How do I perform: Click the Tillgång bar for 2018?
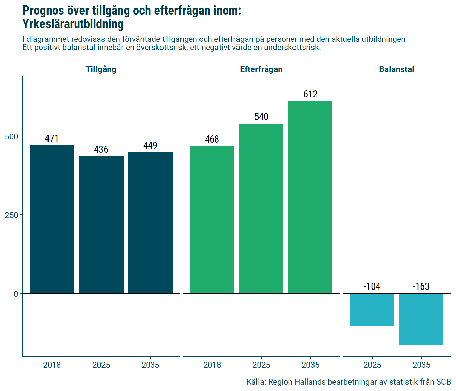pos(52,219)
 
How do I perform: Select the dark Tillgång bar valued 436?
pos(101,225)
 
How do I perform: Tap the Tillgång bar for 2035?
pos(150,223)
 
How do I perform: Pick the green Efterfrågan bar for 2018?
pos(212,220)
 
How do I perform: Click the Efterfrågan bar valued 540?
pos(261,208)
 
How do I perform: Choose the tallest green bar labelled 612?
pos(310,197)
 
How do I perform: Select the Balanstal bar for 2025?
pos(372,310)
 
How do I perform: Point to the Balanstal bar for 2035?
pos(421,319)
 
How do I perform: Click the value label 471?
pos(52,138)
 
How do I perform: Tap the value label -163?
pos(421,286)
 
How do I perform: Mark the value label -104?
pos(372,286)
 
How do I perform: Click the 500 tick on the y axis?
pos(12,136)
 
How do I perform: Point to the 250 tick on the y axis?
pos(12,215)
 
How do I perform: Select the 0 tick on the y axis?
pos(16,294)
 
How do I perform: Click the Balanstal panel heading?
pos(396,69)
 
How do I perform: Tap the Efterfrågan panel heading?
pos(261,69)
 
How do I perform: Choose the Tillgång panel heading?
pos(101,69)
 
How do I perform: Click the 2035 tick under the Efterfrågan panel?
pos(310,365)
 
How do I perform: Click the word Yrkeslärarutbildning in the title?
pos(73,24)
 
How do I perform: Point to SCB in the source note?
pos(443,382)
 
